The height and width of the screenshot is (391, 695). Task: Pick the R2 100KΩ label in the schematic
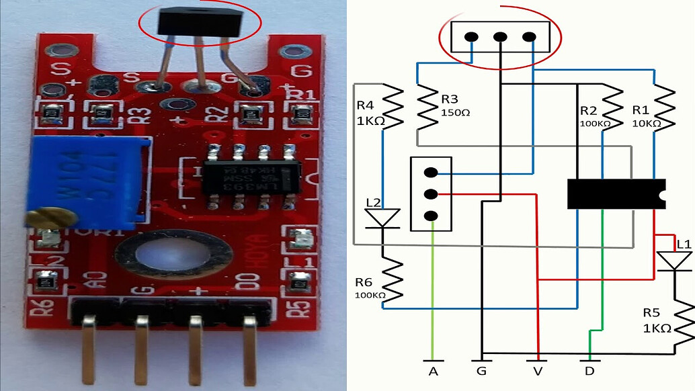click(594, 116)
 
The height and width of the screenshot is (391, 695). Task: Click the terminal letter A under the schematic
click(433, 370)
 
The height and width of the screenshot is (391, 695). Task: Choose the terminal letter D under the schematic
click(588, 370)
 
